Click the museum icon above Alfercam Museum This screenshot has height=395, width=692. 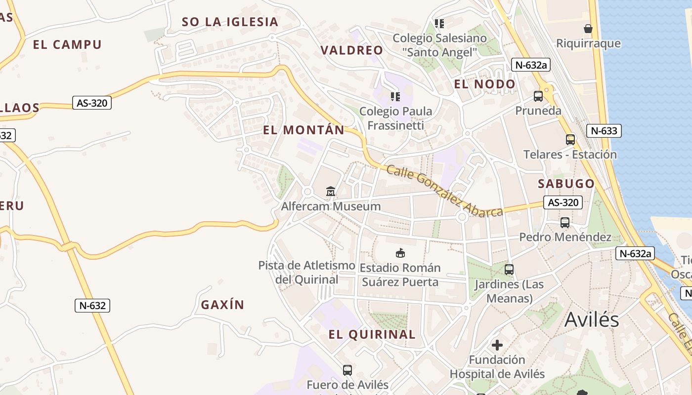331,191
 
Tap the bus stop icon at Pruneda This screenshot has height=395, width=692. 538,96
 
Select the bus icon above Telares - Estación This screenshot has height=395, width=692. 570,140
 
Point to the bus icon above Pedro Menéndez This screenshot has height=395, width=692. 565,223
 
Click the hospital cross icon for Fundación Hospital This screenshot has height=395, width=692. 497,345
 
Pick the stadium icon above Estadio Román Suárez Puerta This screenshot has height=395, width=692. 400,253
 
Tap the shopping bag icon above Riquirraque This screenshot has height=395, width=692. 588,29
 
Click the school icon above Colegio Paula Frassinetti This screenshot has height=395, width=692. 395,96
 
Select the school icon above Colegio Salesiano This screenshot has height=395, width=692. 439,23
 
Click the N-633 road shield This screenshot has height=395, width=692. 604,131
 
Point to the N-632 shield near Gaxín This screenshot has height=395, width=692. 92,306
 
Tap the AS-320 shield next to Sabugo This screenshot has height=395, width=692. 563,202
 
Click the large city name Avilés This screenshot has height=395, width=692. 592,319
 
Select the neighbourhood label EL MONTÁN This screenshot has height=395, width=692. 303,130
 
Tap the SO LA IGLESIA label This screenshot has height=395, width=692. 230,22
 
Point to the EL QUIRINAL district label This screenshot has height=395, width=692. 372,334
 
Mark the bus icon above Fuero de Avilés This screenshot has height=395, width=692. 347,370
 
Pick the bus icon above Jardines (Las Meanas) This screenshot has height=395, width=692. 509,270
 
